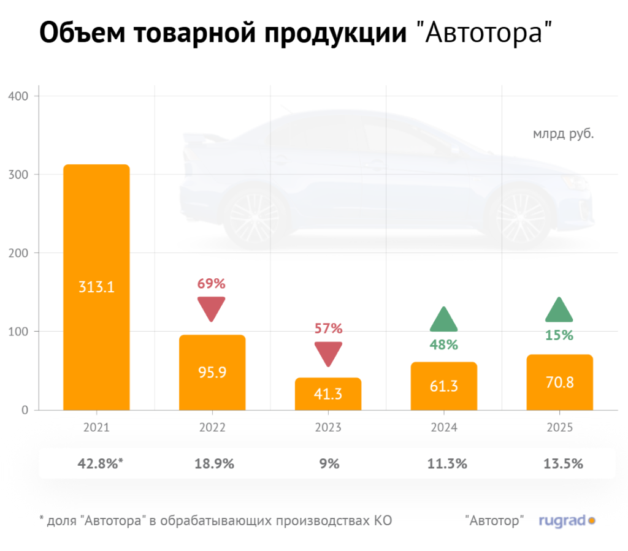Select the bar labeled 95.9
212,372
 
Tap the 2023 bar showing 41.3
328,393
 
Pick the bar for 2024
444,386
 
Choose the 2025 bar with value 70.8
559,382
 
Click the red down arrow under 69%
212,307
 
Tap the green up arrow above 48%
444,320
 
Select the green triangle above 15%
559,311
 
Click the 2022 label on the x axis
212,428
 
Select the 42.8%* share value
98,464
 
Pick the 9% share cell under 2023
329,464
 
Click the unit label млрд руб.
563,132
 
